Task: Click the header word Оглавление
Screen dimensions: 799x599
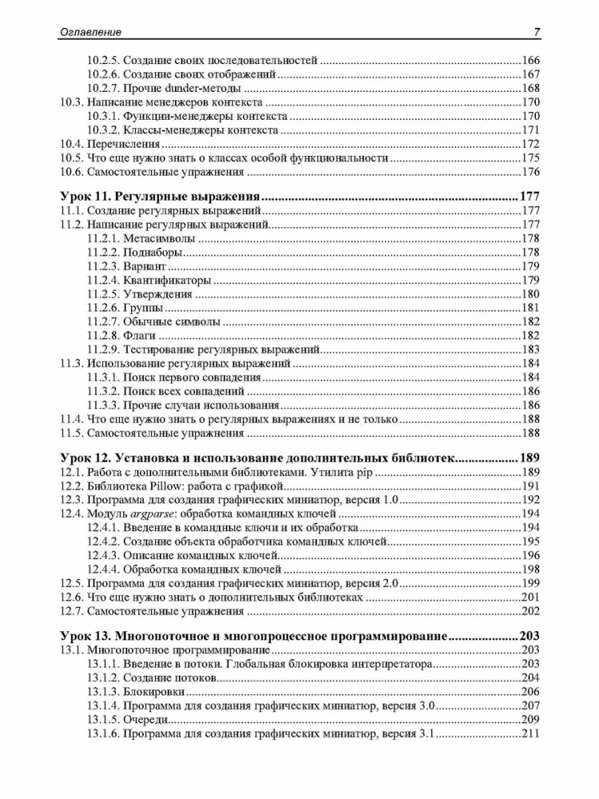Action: [x=90, y=32]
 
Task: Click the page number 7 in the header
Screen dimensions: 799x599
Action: [x=536, y=32]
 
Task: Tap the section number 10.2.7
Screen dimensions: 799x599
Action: [x=101, y=88]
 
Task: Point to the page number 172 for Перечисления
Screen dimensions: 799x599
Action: [x=530, y=144]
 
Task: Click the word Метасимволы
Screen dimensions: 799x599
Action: [x=159, y=239]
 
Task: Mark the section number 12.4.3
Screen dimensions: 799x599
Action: [x=101, y=555]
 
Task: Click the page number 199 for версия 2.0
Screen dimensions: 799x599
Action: [x=530, y=583]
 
